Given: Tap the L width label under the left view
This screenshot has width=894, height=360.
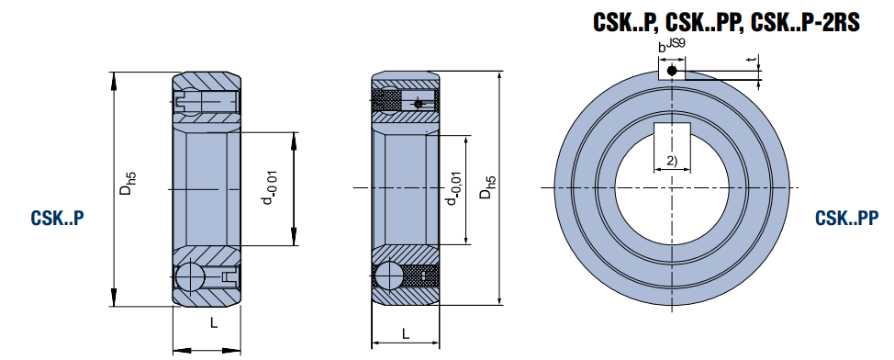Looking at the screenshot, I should click(x=213, y=323).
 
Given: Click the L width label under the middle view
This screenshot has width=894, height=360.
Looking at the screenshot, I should click(x=404, y=333).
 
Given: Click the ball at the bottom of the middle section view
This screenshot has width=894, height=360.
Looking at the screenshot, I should click(x=387, y=276).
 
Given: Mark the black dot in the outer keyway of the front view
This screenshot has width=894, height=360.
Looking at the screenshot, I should click(x=672, y=70).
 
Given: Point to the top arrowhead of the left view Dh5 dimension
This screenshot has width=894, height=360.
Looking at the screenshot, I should click(x=115, y=78).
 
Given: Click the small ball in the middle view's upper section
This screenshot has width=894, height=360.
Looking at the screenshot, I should click(x=418, y=104).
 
